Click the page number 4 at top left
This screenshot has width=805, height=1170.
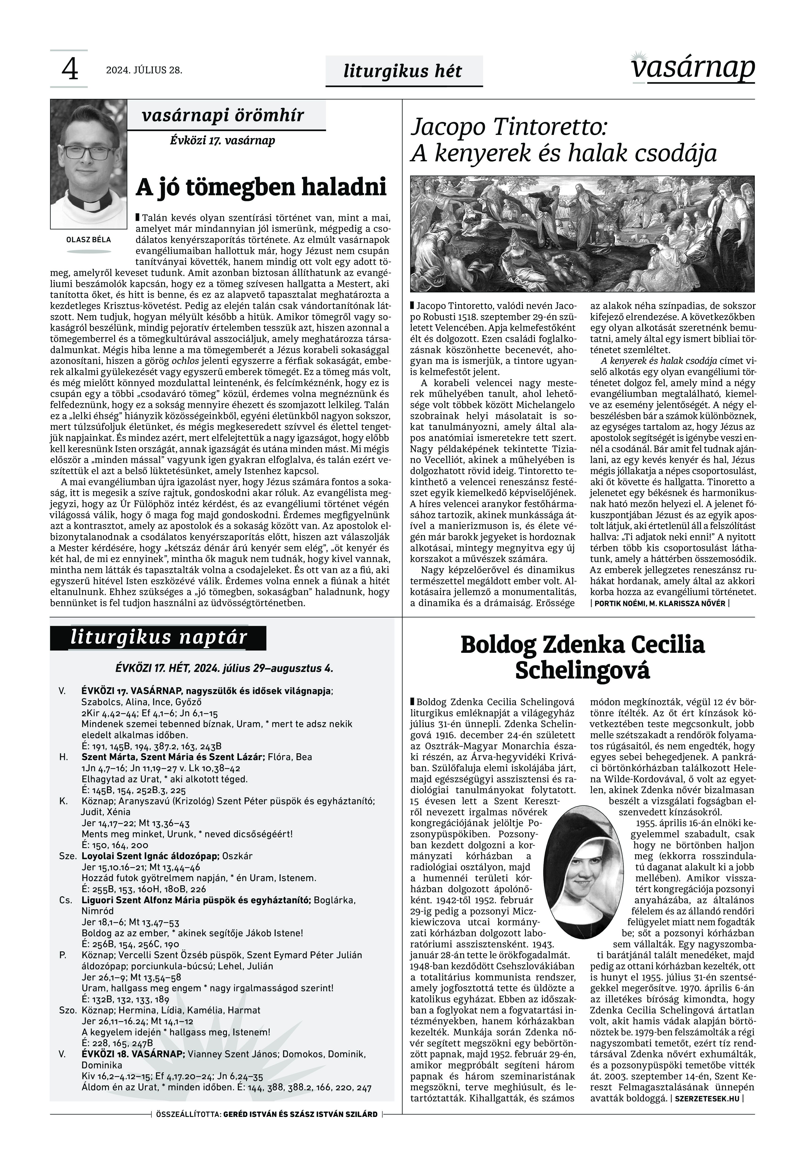[70, 70]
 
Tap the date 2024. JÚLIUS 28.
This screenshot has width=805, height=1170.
[144, 70]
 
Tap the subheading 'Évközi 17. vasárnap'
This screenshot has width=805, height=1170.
[222, 140]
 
